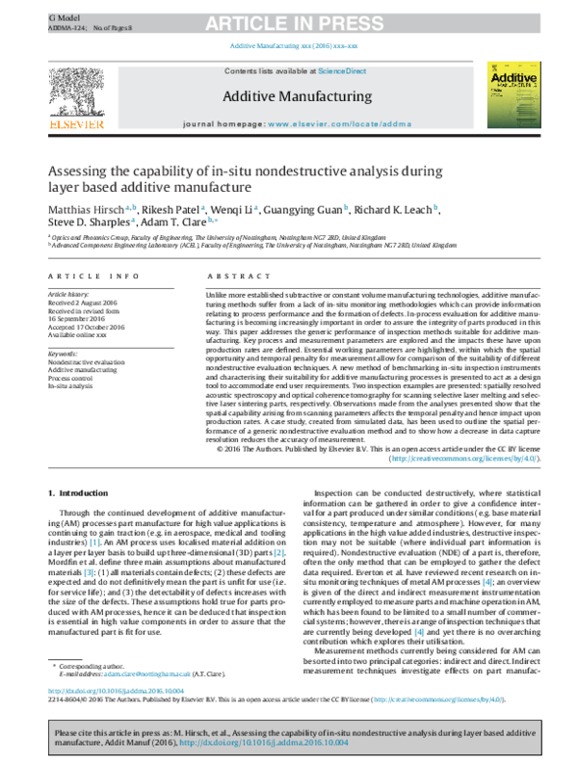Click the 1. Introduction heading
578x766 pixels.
(78, 494)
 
